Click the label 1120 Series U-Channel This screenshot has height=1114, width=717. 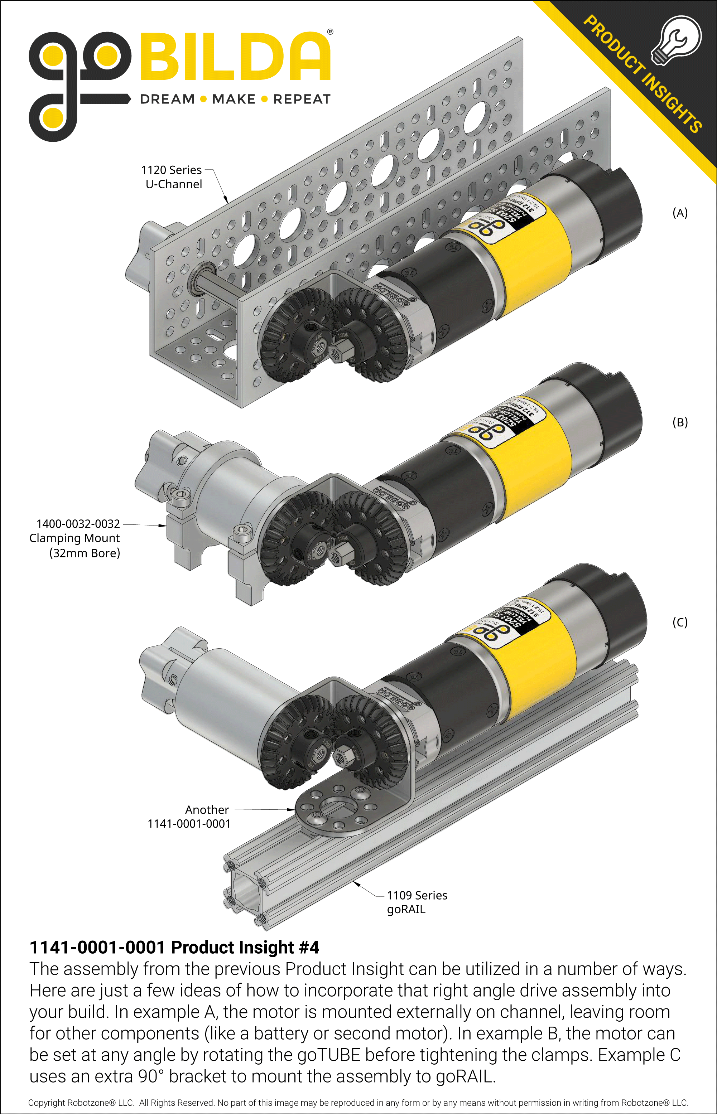tap(172, 177)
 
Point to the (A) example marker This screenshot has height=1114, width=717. tap(680, 213)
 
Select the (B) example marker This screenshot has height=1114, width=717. tap(680, 422)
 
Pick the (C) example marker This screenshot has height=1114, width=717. tap(680, 622)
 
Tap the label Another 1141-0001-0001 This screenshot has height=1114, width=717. tap(189, 817)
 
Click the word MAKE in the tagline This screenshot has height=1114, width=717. tap(234, 99)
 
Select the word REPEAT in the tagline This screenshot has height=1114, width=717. tap(302, 99)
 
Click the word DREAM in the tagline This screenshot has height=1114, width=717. tap(168, 99)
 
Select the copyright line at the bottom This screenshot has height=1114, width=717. tap(358, 1103)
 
